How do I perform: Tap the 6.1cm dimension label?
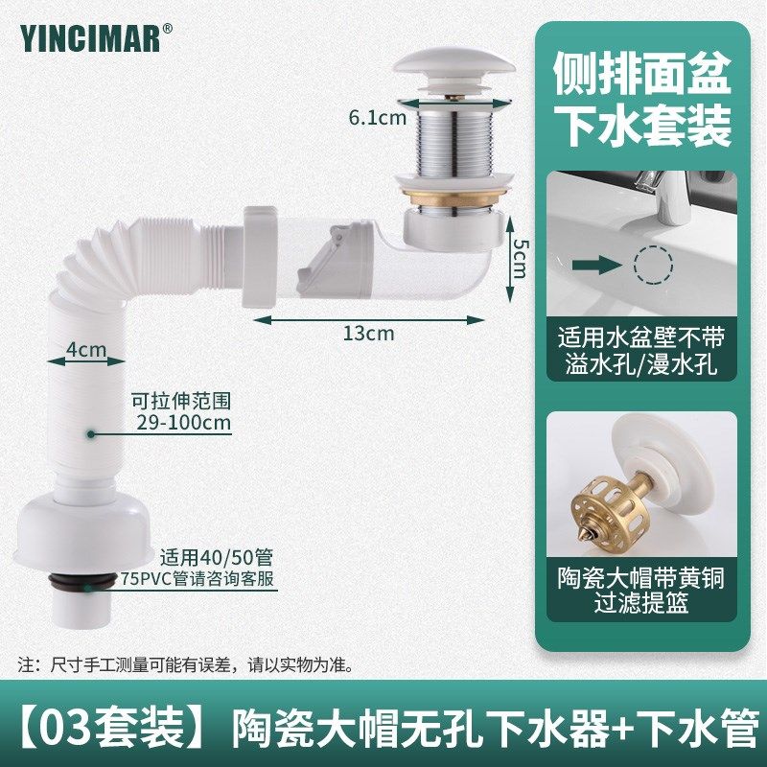click(379, 118)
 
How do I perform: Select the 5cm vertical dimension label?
click(519, 256)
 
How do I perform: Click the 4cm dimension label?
click(89, 350)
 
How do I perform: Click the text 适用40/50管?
click(204, 554)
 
